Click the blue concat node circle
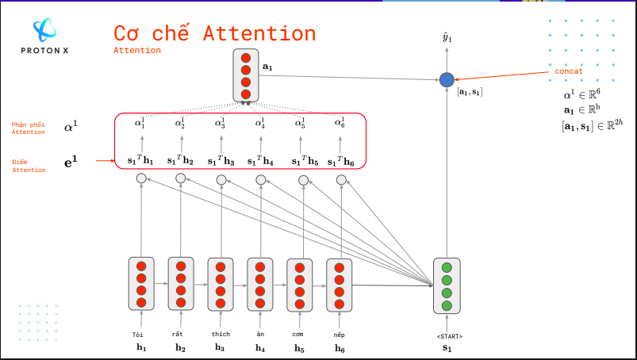(447, 79)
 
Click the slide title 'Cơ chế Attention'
(214, 33)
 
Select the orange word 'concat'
(569, 71)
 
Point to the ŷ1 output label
(447, 37)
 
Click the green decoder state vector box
(447, 286)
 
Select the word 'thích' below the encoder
(221, 335)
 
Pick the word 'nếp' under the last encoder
(340, 335)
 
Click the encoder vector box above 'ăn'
(260, 284)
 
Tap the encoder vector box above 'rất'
(181, 284)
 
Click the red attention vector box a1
(246, 75)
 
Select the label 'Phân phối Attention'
(29, 128)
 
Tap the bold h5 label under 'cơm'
(299, 348)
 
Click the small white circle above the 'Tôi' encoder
(141, 178)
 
